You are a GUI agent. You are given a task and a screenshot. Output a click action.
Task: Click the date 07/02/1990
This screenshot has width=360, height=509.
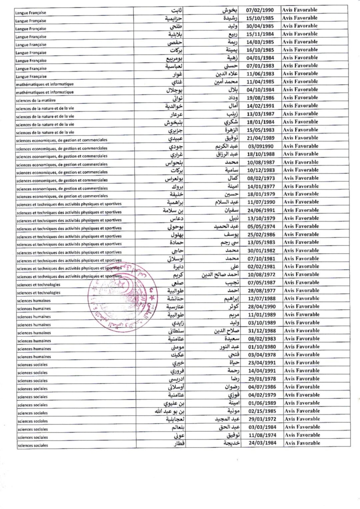click(x=260, y=10)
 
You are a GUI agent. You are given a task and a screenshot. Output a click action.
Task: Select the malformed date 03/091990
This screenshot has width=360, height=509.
click(x=260, y=146)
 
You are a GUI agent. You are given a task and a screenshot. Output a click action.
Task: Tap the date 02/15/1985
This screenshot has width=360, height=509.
click(x=262, y=411)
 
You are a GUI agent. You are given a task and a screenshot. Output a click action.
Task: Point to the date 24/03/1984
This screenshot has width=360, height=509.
click(x=262, y=443)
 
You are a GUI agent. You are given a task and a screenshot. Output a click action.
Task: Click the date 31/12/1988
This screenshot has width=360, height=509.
click(x=262, y=331)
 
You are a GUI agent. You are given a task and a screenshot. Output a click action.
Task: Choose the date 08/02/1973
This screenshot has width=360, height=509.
click(x=261, y=178)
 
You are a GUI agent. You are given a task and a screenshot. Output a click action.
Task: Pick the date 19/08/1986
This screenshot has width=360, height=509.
click(x=260, y=98)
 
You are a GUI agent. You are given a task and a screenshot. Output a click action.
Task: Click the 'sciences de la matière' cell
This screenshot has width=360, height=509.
click(x=36, y=100)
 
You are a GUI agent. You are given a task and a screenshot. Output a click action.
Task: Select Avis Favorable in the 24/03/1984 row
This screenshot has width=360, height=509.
click(x=302, y=443)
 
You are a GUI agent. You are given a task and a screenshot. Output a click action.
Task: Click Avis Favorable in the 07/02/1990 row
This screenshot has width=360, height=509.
click(x=300, y=10)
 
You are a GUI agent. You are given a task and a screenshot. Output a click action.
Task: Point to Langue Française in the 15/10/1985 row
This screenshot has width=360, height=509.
click(x=31, y=21)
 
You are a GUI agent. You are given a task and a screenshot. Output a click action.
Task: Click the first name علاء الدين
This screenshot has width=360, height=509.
click(x=227, y=74)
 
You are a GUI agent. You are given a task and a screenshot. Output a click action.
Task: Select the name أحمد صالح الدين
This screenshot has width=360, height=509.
click(x=220, y=275)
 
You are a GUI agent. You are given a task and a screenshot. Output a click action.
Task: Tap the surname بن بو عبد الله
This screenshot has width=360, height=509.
click(x=169, y=411)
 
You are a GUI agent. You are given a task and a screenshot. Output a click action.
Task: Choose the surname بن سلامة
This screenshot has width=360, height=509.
click(x=173, y=210)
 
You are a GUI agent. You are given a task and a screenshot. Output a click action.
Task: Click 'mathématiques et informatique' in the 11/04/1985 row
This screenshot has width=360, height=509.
click(x=45, y=84)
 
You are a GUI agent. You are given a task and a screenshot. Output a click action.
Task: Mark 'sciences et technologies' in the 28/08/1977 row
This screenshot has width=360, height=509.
click(x=39, y=293)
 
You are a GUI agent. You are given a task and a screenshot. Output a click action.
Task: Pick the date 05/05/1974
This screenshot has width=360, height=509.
click(x=261, y=226)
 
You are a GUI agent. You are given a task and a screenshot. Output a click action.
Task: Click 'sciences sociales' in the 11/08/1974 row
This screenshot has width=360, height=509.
click(x=33, y=437)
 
